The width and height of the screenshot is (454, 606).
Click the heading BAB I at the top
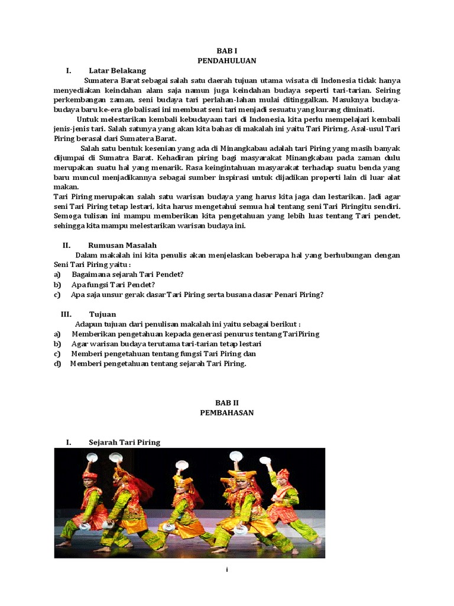[227, 51]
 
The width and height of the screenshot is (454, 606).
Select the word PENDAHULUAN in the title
[227, 61]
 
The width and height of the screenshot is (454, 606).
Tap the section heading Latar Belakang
[117, 70]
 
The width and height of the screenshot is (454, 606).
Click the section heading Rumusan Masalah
[122, 245]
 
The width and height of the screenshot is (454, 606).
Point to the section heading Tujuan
[102, 314]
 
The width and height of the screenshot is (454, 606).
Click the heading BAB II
[226, 402]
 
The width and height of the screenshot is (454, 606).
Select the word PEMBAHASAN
[227, 412]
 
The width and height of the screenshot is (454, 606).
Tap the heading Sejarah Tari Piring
[124, 442]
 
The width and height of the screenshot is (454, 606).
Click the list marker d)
[57, 363]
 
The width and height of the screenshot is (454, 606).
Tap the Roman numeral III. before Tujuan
[66, 314]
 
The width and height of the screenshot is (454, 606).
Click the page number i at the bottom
[227, 569]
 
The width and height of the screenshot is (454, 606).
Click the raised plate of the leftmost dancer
[92, 457]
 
